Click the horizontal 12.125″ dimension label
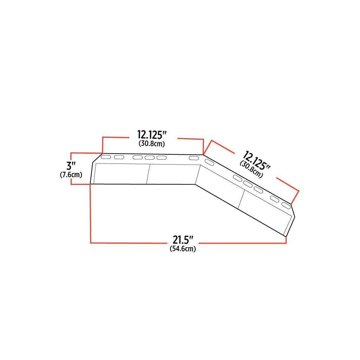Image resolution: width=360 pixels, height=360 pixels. tap(152, 135)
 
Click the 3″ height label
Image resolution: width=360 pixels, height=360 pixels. tap(71, 166)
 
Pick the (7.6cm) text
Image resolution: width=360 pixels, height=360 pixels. tap(71, 175)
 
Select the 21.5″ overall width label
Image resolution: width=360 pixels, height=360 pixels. tap(183, 240)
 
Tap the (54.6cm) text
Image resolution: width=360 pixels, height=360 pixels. tap(183, 249)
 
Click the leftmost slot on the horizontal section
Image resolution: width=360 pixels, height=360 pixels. tap(106, 157)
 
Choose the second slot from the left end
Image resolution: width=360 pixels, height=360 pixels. tap(119, 157)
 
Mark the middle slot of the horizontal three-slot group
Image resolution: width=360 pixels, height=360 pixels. tap(150, 157)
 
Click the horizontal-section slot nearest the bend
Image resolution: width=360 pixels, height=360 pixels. tap(194, 159)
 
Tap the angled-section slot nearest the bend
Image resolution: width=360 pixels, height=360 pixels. tap(210, 162)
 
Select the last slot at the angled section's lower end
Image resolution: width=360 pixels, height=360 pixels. tap(286, 205)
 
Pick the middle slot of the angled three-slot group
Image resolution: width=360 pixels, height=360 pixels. tap(248, 184)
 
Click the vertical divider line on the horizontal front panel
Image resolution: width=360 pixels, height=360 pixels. tap(148, 174)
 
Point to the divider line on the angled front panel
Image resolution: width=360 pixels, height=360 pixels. tap(241, 199)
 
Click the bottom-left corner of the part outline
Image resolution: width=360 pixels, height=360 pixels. tap(91, 184)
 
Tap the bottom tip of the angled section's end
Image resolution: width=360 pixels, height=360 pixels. tap(286, 236)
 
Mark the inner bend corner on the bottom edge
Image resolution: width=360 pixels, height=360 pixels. tap(195, 184)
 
